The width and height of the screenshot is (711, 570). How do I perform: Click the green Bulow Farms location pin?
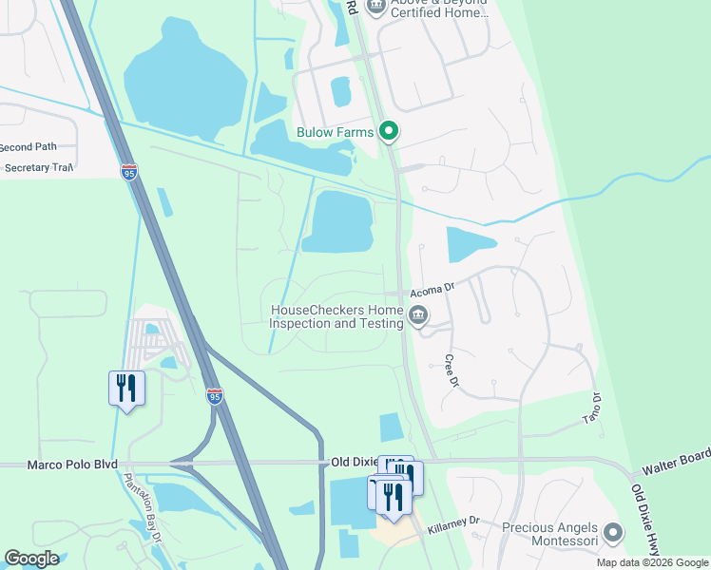pyautogui.click(x=388, y=132)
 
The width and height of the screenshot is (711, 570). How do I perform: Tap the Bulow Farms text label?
pyautogui.click(x=335, y=133)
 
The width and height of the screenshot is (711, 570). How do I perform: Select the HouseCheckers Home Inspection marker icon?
pyautogui.click(x=417, y=315)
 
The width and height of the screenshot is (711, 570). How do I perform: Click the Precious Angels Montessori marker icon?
pyautogui.click(x=613, y=533)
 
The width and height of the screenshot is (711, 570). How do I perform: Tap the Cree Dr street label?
pyautogui.click(x=452, y=370)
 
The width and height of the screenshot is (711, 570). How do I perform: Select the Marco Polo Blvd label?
pyautogui.click(x=59, y=464)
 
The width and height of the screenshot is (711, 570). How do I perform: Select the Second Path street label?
pyautogui.click(x=29, y=147)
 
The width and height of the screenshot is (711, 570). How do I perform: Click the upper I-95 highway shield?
pyautogui.click(x=129, y=172)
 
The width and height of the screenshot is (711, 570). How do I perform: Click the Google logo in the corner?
pyautogui.click(x=31, y=559)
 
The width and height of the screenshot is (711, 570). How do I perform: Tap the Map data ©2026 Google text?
pyautogui.click(x=652, y=562)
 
